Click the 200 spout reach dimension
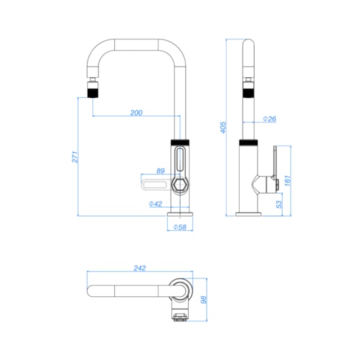136,113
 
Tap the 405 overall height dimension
222,127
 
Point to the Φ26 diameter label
268,119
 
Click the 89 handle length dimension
161,171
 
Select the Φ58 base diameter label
180,227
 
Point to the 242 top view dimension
141,268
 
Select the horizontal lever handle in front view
156,185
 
